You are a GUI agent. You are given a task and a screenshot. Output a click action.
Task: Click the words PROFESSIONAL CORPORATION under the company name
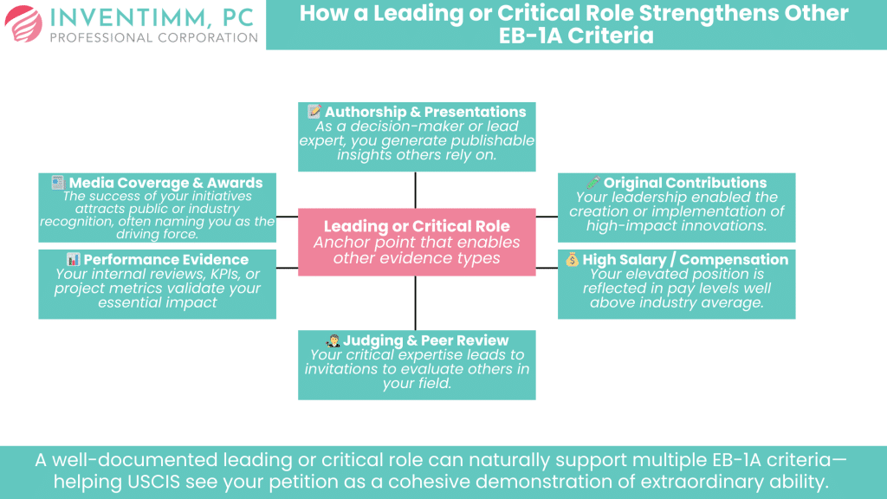(154, 38)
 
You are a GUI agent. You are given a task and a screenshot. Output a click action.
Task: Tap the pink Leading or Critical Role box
(416, 242)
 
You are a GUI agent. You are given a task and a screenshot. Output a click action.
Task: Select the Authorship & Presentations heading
(425, 112)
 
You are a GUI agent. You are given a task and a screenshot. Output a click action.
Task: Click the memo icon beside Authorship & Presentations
(314, 112)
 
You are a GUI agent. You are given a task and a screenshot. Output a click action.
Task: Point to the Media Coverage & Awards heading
(165, 183)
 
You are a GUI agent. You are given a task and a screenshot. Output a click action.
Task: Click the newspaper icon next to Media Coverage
(57, 183)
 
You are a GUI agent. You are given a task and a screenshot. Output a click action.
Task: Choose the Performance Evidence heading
(165, 259)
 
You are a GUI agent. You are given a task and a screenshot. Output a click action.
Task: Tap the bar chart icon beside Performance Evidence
(73, 259)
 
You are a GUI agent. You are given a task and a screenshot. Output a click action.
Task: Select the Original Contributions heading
(684, 183)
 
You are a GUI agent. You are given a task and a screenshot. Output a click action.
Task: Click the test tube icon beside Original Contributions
(592, 183)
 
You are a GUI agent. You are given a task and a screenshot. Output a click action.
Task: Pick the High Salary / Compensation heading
(685, 259)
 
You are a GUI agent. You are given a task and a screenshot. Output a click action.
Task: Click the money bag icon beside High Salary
(572, 259)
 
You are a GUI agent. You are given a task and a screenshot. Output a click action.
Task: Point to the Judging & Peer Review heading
(425, 340)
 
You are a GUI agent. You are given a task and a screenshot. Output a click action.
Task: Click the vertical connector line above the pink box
(416, 190)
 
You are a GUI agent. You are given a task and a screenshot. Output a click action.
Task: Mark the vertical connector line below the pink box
(416, 302)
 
